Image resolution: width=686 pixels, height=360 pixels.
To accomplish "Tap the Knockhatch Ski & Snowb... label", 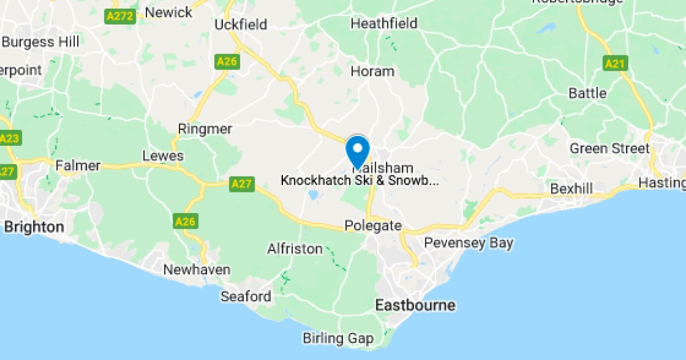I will tap(360, 181).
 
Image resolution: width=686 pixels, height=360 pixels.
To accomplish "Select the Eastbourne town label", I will tap(415, 305).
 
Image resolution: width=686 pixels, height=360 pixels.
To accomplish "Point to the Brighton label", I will tap(34, 227).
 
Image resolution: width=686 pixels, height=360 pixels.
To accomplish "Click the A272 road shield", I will tap(120, 16).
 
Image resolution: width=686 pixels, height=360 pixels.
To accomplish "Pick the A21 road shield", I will tap(615, 63).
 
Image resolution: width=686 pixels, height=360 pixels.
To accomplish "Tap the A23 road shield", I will tap(9, 139).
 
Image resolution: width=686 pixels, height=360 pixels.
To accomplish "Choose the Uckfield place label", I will tap(241, 25).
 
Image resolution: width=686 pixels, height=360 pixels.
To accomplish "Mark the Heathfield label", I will tap(384, 24).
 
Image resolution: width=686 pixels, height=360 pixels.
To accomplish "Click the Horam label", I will tap(372, 71).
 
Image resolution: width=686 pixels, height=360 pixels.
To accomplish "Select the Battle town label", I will tap(588, 93).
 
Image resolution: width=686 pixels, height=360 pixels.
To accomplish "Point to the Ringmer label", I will tap(205, 129).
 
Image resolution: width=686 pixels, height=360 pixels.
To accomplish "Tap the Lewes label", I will tap(163, 155).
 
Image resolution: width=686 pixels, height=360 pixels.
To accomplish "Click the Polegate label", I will tap(373, 226).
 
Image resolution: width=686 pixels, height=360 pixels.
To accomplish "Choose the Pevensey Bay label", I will tap(469, 243).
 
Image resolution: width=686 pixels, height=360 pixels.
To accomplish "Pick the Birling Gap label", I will tap(338, 338).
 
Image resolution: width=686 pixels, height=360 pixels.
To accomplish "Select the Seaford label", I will tap(246, 296).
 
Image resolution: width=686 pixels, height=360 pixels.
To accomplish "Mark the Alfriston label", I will tap(295, 249).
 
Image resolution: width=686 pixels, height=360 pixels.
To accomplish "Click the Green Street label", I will tap(609, 149).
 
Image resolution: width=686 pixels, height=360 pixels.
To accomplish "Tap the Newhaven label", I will tap(197, 270).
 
